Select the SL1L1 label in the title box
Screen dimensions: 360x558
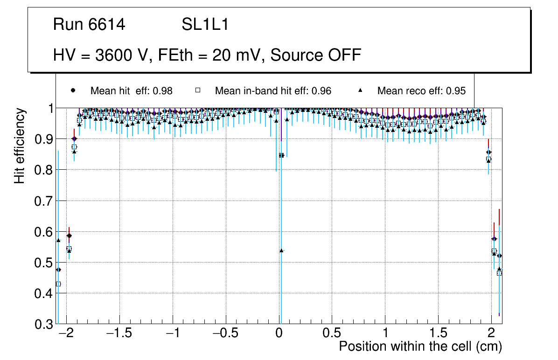point(205,25)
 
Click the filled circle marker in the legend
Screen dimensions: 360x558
point(72,90)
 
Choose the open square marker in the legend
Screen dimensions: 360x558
point(197,90)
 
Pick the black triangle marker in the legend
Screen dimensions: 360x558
point(360,90)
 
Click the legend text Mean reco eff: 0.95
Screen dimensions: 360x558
point(421,91)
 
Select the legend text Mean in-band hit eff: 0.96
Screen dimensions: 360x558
point(273,91)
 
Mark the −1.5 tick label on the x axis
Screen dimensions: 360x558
point(119,334)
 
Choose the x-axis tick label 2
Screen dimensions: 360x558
point(491,334)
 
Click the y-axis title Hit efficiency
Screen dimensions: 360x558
point(20,146)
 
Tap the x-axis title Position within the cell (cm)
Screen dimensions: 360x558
point(420,346)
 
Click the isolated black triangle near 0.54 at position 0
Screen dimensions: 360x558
point(281,250)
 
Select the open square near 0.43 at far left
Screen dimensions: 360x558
point(58,284)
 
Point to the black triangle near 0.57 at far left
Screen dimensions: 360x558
point(58,240)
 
